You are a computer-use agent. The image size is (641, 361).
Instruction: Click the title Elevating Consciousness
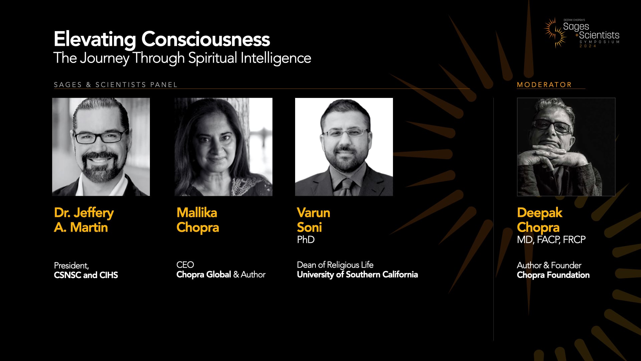coord(162,39)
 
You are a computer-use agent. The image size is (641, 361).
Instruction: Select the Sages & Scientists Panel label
coord(116,85)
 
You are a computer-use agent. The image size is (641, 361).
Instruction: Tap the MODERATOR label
coord(544,85)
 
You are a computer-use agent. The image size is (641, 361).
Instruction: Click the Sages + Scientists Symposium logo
coord(582,33)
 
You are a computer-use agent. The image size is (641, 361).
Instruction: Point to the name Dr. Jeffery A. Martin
coord(84,220)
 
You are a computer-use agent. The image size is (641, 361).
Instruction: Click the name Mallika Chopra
coord(198,220)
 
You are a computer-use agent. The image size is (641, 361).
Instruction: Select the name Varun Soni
coord(313,220)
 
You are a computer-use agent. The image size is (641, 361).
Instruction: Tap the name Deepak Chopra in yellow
coord(539,220)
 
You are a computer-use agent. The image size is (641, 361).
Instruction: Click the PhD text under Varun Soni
coord(305,240)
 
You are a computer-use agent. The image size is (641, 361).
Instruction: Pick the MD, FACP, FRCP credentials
coord(551,240)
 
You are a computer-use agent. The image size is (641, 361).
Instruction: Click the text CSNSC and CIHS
coord(86,275)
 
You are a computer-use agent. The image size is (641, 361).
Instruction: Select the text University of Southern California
coord(357,274)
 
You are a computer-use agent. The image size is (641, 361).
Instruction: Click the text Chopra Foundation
coord(553,275)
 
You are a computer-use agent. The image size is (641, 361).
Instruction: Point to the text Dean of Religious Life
coord(335,265)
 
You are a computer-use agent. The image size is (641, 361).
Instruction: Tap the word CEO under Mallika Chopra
coord(185,265)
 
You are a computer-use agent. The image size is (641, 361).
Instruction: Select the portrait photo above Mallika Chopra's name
coord(223,147)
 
